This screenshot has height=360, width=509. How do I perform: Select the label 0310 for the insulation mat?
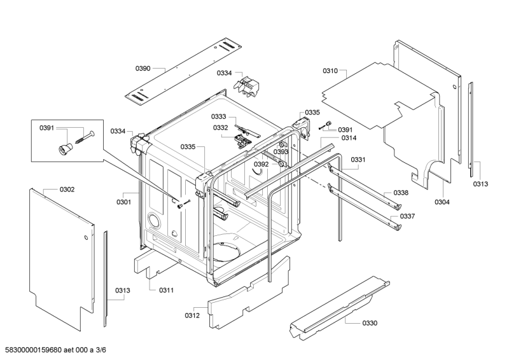(x=330, y=71)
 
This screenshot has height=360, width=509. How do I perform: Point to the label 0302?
(x=67, y=189)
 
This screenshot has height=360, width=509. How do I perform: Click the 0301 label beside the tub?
(x=123, y=202)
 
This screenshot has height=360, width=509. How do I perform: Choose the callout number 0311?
(x=166, y=290)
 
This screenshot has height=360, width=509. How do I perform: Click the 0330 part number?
(x=370, y=323)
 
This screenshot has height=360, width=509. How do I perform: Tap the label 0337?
(x=408, y=216)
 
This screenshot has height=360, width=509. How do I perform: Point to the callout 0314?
(x=349, y=138)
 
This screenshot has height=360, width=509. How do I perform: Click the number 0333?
(x=219, y=116)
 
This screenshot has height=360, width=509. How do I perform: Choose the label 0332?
(x=221, y=127)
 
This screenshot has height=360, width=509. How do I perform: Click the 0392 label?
(x=261, y=164)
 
